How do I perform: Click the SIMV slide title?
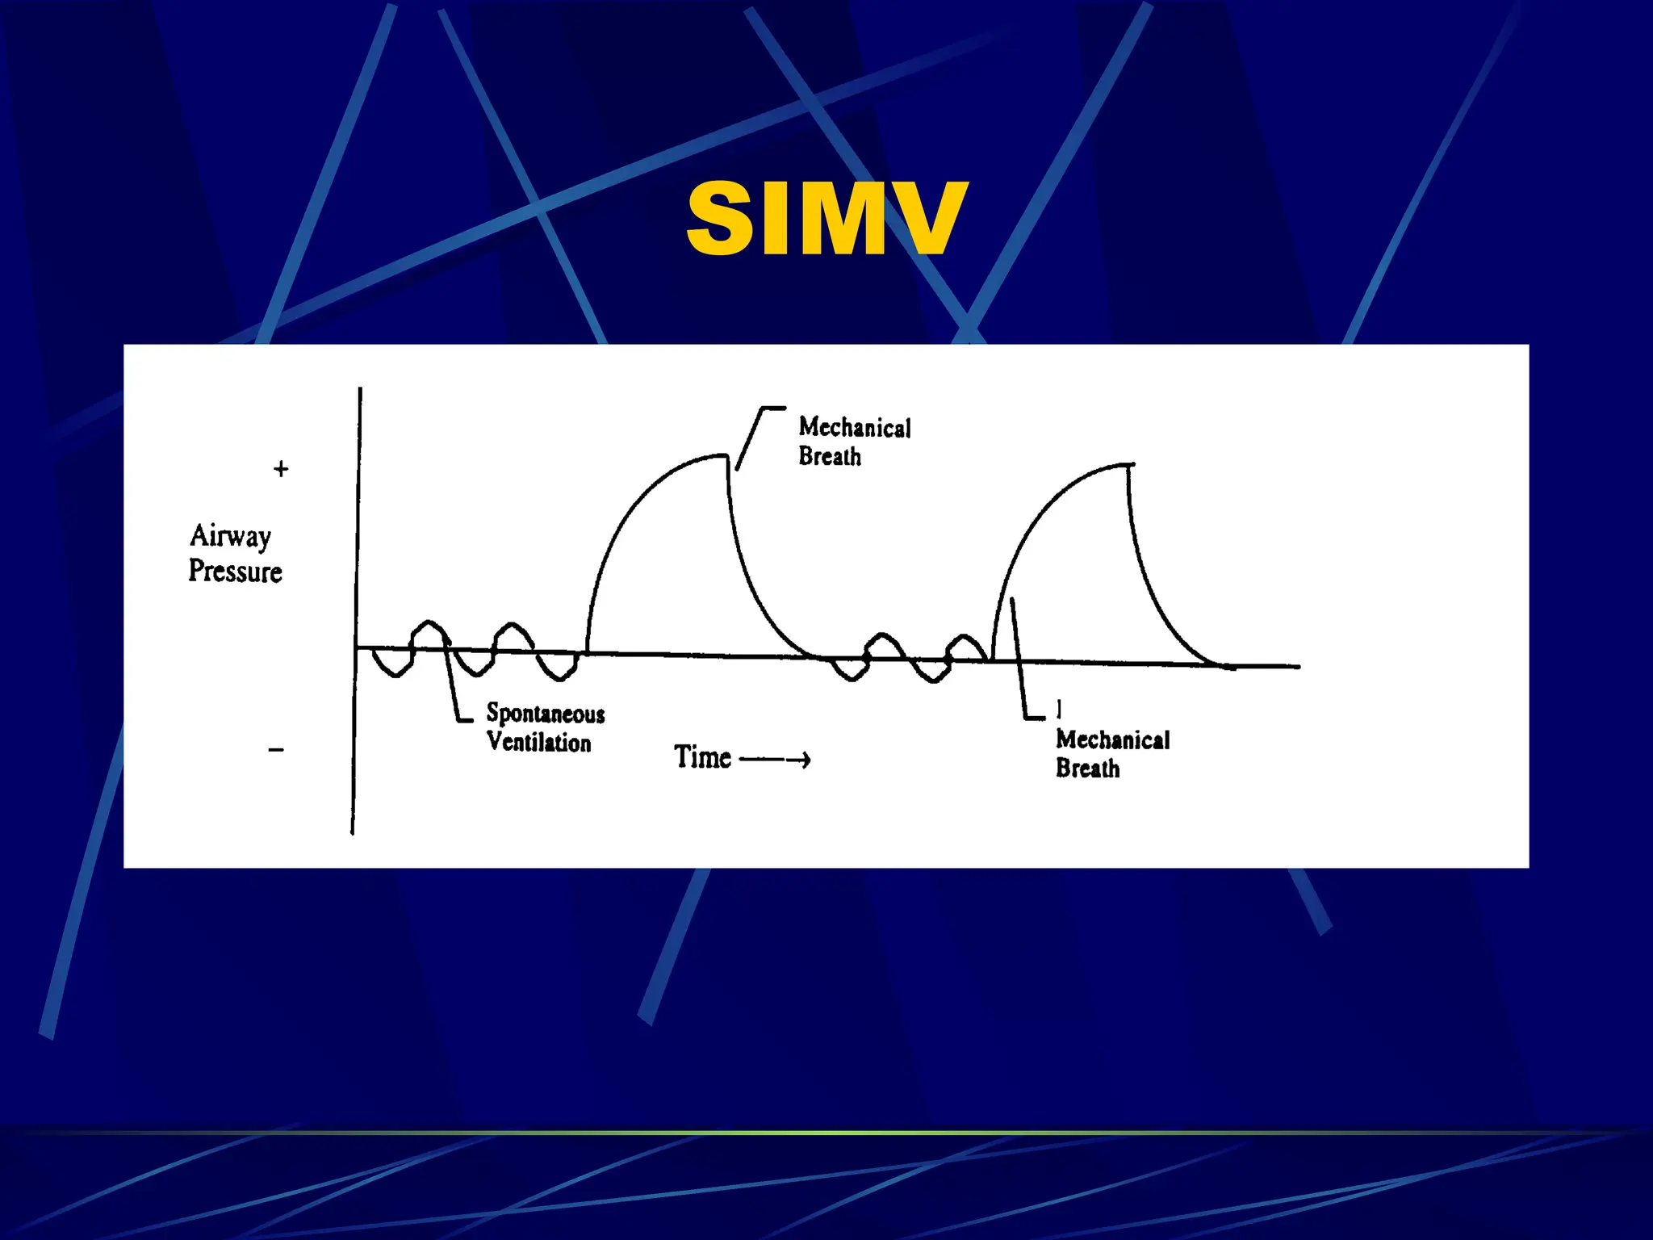(826, 218)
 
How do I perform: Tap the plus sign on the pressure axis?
(281, 469)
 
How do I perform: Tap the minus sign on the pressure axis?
(276, 750)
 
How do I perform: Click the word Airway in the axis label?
(231, 536)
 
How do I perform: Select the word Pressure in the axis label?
(235, 572)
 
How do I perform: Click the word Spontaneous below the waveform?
(546, 714)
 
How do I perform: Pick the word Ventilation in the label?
(539, 742)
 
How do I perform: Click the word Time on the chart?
(702, 757)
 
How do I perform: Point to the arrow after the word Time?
(776, 760)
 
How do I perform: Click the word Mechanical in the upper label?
(855, 427)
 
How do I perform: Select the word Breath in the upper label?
(830, 457)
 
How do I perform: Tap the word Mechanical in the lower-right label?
(1113, 739)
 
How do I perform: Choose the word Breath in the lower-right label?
(1088, 768)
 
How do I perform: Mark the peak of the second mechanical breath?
(1127, 466)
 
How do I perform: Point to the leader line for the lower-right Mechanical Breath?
(1019, 662)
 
